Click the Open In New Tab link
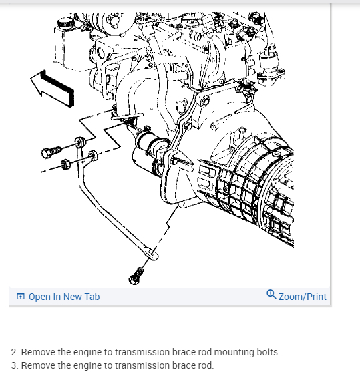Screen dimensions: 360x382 [64, 297]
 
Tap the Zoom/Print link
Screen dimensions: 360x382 [303, 297]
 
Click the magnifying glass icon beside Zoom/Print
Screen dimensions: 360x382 [271, 294]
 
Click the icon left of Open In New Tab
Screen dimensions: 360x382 [21, 297]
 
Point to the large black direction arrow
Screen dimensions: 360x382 [52, 88]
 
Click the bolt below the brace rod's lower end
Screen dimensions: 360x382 [136, 276]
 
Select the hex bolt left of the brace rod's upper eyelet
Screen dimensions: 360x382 [51, 152]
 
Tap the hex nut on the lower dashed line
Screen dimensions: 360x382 [65, 164]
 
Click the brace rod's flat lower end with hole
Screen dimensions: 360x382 [151, 253]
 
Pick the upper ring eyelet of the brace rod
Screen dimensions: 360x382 [80, 142]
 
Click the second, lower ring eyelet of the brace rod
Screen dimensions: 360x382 [93, 155]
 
